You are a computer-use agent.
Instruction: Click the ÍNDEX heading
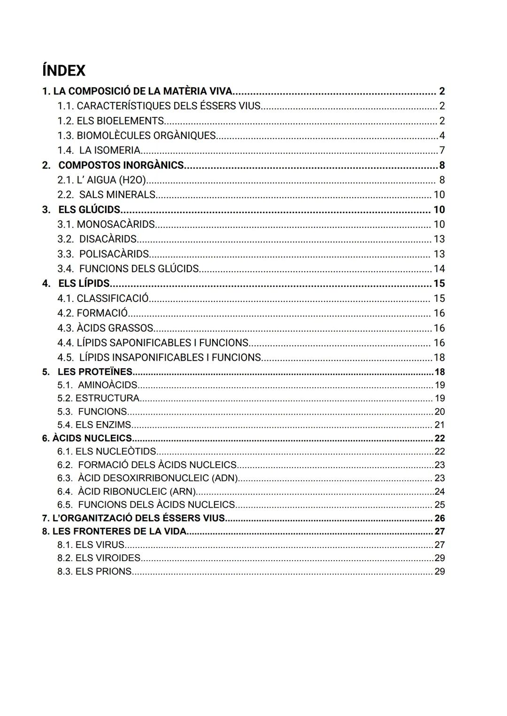(64, 70)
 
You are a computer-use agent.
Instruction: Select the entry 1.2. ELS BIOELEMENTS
(111, 121)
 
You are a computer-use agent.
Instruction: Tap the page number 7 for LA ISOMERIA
(442, 150)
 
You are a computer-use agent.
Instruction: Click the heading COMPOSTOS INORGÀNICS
(121, 165)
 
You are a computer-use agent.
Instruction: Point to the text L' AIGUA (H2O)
(111, 180)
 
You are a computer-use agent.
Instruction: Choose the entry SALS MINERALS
(117, 194)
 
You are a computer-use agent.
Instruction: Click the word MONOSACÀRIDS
(115, 224)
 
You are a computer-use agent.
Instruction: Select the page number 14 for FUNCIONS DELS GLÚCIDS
(439, 269)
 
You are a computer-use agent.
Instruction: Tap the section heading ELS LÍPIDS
(84, 284)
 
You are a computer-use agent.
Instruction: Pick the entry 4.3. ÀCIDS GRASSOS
(106, 328)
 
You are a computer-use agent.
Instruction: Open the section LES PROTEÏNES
(95, 372)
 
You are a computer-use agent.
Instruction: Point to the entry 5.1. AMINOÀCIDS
(98, 385)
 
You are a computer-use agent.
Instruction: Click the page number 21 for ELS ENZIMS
(439, 425)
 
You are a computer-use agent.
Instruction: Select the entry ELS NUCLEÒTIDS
(115, 452)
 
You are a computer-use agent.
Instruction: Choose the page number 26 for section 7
(439, 518)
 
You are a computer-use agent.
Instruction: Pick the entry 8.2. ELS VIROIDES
(99, 558)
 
